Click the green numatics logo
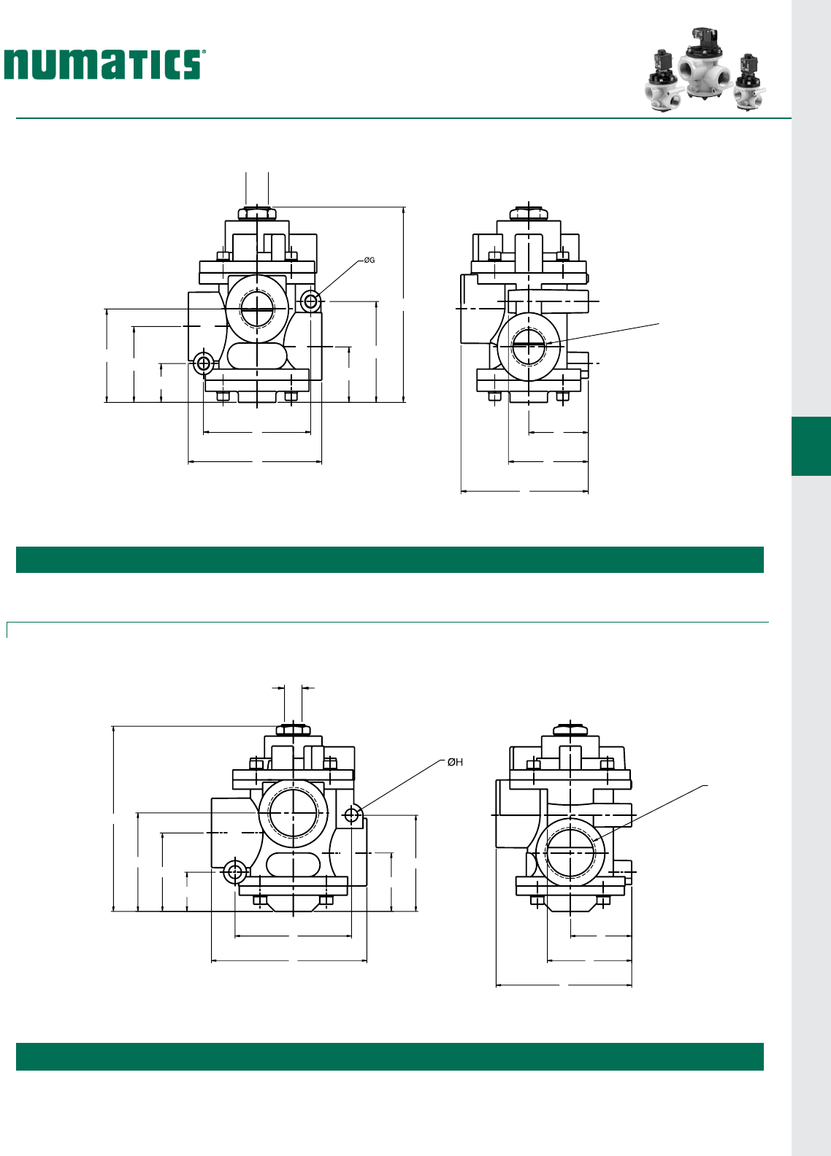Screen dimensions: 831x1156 click(102, 64)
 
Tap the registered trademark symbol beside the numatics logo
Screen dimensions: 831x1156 click(204, 52)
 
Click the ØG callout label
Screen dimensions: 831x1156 click(369, 260)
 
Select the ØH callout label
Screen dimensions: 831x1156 click(455, 762)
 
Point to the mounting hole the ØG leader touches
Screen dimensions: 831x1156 click(310, 301)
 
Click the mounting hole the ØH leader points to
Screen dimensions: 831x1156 click(352, 815)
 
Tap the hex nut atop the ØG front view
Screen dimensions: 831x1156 click(257, 213)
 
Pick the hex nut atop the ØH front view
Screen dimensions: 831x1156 click(293, 731)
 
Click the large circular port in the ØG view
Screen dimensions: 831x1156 click(257, 309)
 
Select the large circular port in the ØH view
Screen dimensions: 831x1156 click(294, 813)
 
